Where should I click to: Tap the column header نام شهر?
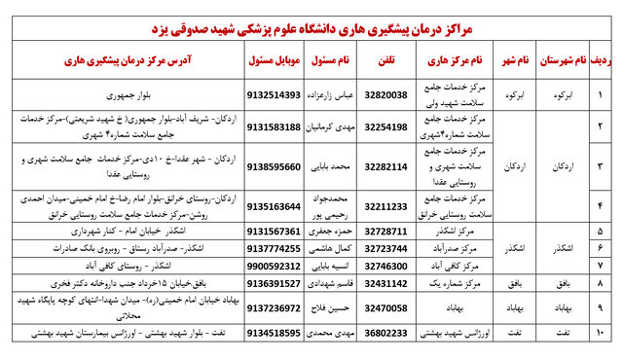point(515,59)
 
